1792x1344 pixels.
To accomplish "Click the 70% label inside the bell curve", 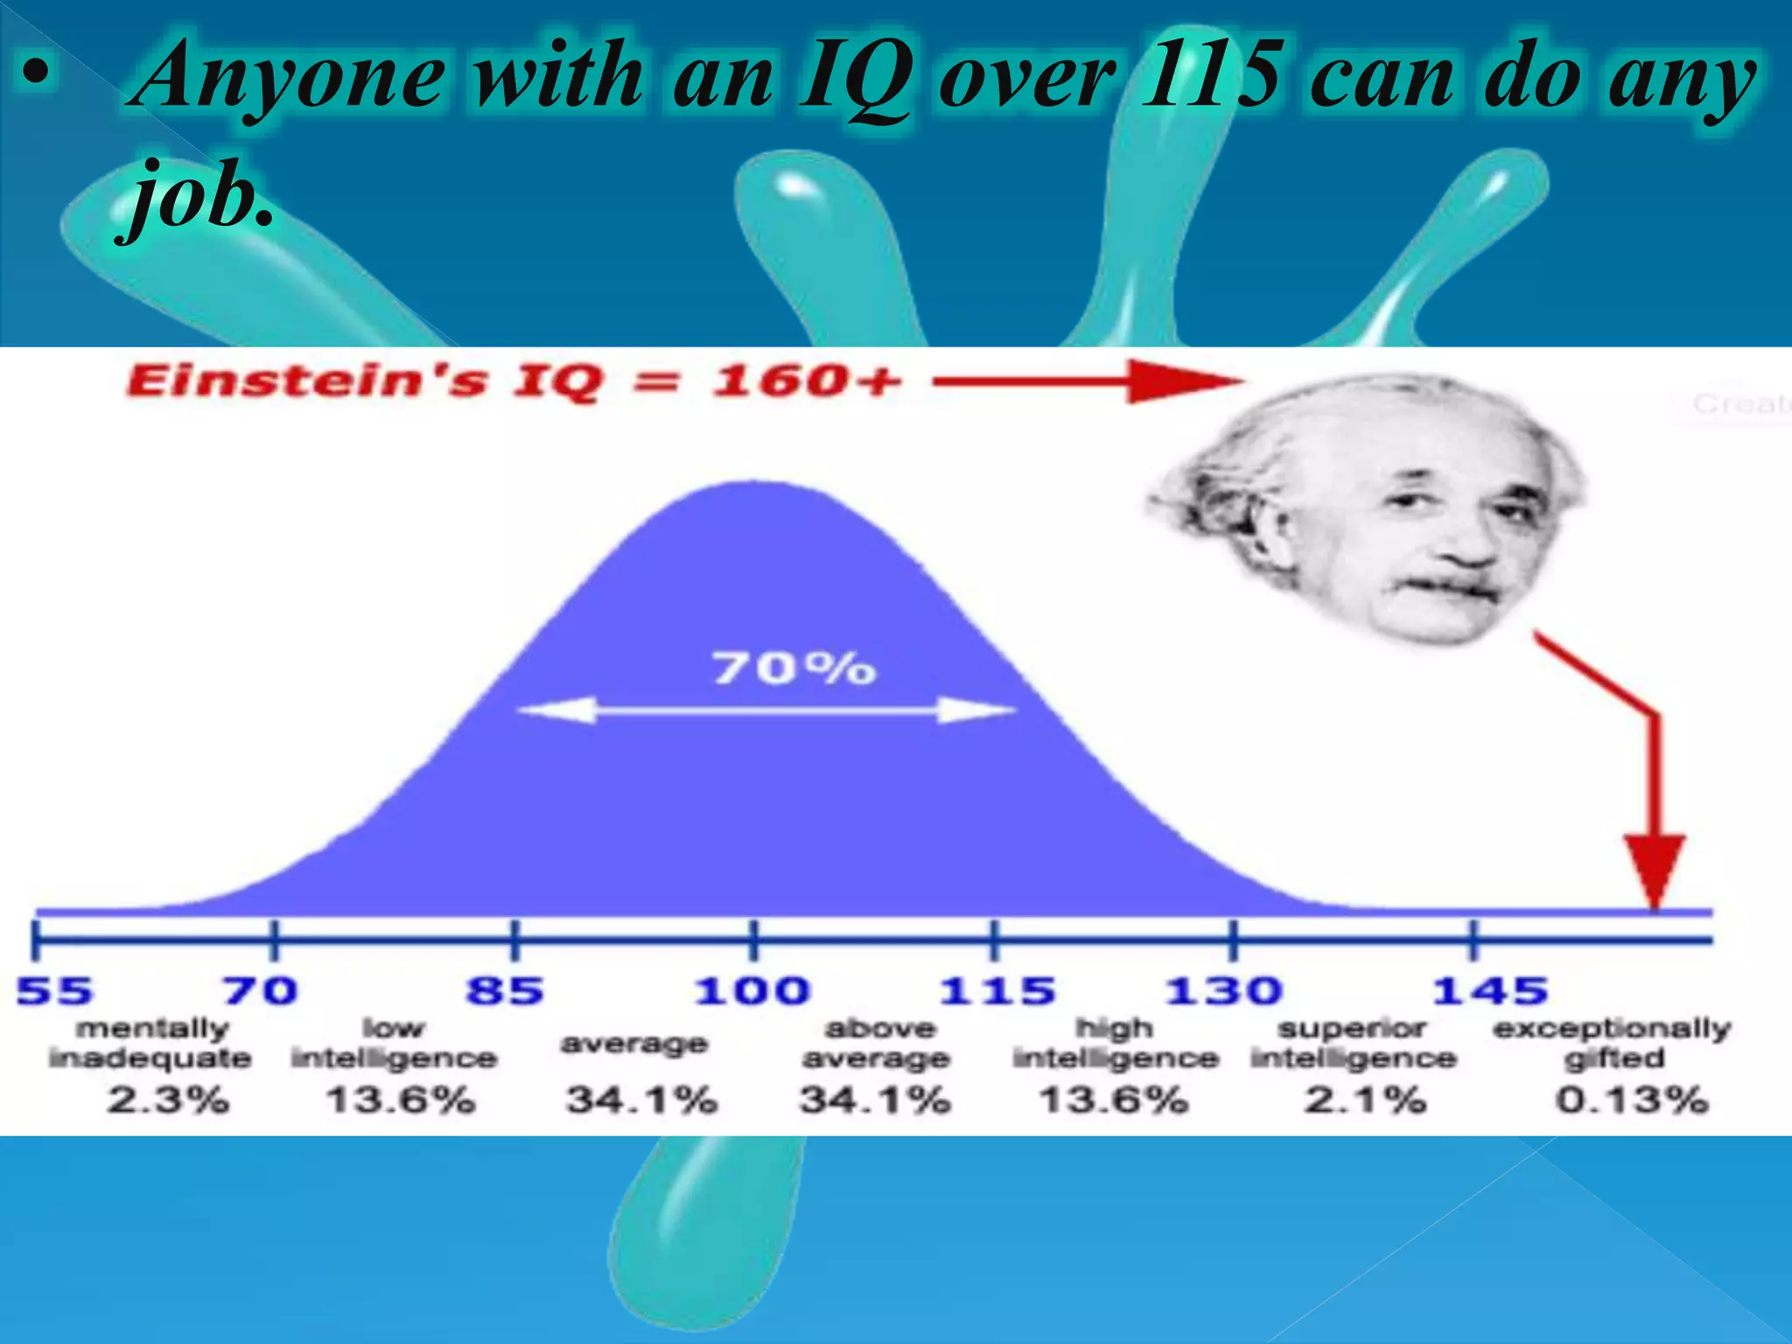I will [x=794, y=668].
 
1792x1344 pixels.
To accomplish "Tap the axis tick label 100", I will [x=752, y=991].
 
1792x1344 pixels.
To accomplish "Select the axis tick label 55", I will [x=54, y=991].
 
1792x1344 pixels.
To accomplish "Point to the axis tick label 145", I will [x=1489, y=991].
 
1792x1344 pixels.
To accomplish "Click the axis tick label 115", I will [x=997, y=991].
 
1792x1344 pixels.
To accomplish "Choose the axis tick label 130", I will [x=1222, y=991].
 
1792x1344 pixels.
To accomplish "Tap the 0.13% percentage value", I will [x=1632, y=1099].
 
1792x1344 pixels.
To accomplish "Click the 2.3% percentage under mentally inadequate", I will [x=168, y=1099].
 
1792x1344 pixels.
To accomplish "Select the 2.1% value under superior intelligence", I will [x=1365, y=1099].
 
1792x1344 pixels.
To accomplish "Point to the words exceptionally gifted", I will [x=1613, y=1043].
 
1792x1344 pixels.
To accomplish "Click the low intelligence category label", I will [x=394, y=1043].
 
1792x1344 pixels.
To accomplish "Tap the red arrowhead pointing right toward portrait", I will [x=1181, y=381].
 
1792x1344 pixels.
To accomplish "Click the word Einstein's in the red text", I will [x=305, y=381].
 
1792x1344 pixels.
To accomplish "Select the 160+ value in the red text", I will [x=805, y=381].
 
